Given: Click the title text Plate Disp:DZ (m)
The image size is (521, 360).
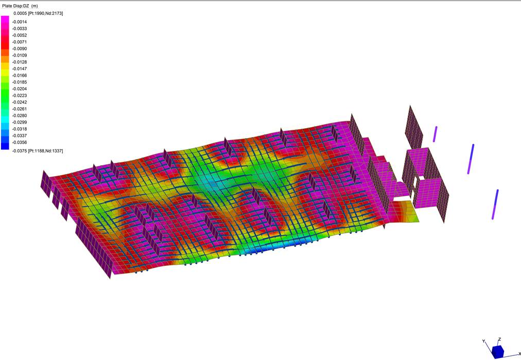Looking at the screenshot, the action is (x=20, y=6).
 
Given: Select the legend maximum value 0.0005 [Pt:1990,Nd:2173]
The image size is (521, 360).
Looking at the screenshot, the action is (x=38, y=13).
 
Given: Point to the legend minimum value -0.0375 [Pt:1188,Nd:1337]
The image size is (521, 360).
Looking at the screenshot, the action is (x=37, y=151).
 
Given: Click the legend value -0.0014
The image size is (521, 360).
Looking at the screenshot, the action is (x=19, y=22).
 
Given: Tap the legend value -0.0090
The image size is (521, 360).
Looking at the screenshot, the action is (x=19, y=48).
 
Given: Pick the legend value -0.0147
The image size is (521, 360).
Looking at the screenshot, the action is (x=19, y=69).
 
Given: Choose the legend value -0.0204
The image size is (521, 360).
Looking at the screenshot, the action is (x=19, y=89).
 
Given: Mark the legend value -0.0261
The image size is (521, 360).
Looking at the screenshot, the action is (x=19, y=109).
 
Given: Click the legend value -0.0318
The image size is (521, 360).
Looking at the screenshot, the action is (x=19, y=129).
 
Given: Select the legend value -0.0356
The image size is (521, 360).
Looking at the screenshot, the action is (x=19, y=142).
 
